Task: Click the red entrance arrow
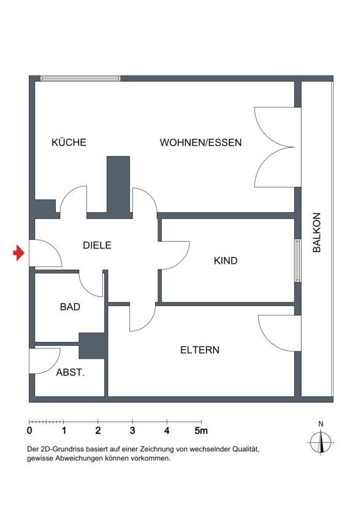[x=19, y=253]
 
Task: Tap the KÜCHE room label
[x=69, y=142]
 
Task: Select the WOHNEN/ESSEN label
[x=201, y=142]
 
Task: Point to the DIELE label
[x=97, y=245]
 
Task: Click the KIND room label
[x=226, y=261]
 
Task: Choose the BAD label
[x=70, y=307]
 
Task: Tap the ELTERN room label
[x=200, y=350]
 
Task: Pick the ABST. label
[x=71, y=372]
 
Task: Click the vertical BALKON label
[x=316, y=232]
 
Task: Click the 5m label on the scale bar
[x=201, y=431]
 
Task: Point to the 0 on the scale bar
[x=29, y=431]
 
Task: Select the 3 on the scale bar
[x=132, y=431]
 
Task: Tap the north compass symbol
[x=321, y=442]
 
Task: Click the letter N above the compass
[x=321, y=424]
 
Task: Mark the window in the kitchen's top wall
[x=80, y=78]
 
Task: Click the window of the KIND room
[x=297, y=261]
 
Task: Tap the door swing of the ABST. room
[x=45, y=361]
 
